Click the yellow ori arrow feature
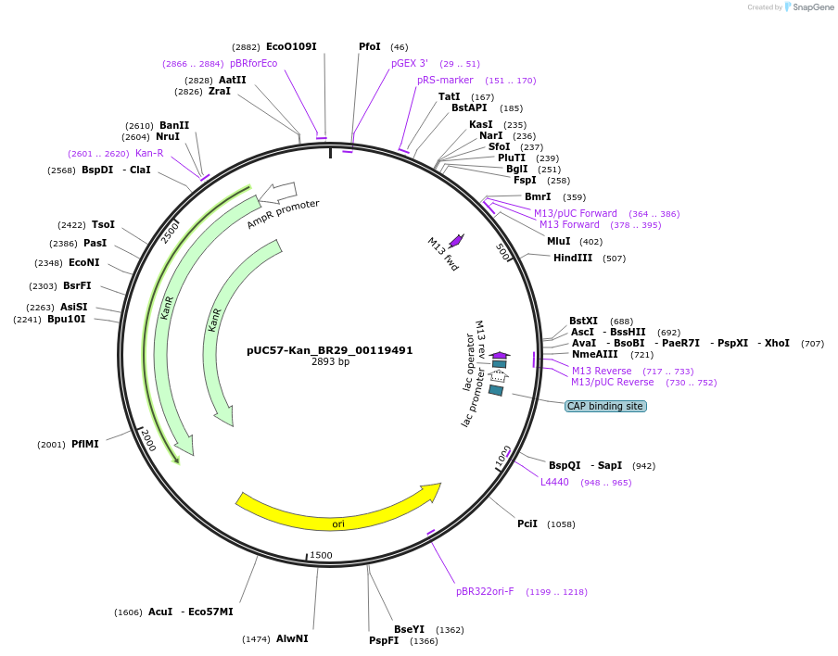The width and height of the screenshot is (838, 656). (x=338, y=513)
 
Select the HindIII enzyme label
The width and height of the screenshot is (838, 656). (x=573, y=258)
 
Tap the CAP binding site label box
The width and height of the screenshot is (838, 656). (x=605, y=406)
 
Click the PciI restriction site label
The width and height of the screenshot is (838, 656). (x=527, y=524)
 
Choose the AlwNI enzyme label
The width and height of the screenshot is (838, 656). (x=292, y=638)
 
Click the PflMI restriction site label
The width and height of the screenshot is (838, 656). (x=85, y=444)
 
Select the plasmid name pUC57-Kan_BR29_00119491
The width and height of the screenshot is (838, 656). (x=330, y=350)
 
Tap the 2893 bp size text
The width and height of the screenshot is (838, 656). (x=330, y=361)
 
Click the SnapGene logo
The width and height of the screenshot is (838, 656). (x=808, y=7)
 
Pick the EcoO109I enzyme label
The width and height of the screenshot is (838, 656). (x=291, y=46)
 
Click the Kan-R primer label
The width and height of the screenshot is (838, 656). (x=149, y=153)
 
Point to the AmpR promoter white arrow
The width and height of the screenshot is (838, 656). (x=278, y=193)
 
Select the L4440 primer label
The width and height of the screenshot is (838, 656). (x=554, y=482)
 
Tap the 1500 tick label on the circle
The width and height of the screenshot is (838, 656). (x=321, y=555)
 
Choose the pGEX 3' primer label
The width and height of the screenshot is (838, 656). (x=410, y=63)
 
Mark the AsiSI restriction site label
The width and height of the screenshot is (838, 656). (x=74, y=307)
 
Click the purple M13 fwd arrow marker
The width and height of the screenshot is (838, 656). (x=455, y=240)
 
